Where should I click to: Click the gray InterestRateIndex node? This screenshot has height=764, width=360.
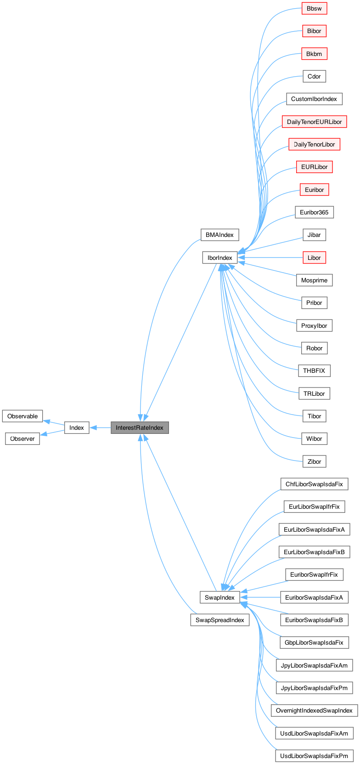[140, 427]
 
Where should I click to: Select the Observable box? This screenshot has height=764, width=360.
[22, 416]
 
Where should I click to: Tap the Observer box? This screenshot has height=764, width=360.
[22, 438]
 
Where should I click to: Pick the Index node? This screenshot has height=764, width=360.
[77, 427]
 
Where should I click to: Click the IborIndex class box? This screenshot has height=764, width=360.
[220, 258]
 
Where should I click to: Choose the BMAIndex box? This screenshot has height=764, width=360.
[219, 235]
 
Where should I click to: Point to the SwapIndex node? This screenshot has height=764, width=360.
[219, 597]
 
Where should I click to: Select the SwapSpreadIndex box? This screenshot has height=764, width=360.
[219, 620]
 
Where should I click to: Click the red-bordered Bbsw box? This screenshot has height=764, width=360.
[314, 8]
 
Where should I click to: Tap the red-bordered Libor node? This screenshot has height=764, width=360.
[314, 258]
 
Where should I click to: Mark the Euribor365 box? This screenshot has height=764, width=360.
[314, 212]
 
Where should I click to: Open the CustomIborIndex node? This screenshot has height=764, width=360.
[314, 99]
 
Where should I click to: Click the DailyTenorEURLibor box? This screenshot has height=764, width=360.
[314, 122]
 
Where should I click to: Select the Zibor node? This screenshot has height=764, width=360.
[314, 461]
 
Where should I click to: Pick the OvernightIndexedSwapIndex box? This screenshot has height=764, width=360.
[314, 710]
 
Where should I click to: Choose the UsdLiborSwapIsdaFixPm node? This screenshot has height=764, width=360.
[314, 756]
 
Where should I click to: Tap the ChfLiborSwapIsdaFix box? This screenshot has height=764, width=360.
[314, 484]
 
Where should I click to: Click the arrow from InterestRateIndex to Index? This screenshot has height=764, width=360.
[100, 427]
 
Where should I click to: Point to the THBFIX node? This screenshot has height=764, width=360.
[314, 371]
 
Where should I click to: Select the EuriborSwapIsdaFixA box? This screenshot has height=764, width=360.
[314, 597]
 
